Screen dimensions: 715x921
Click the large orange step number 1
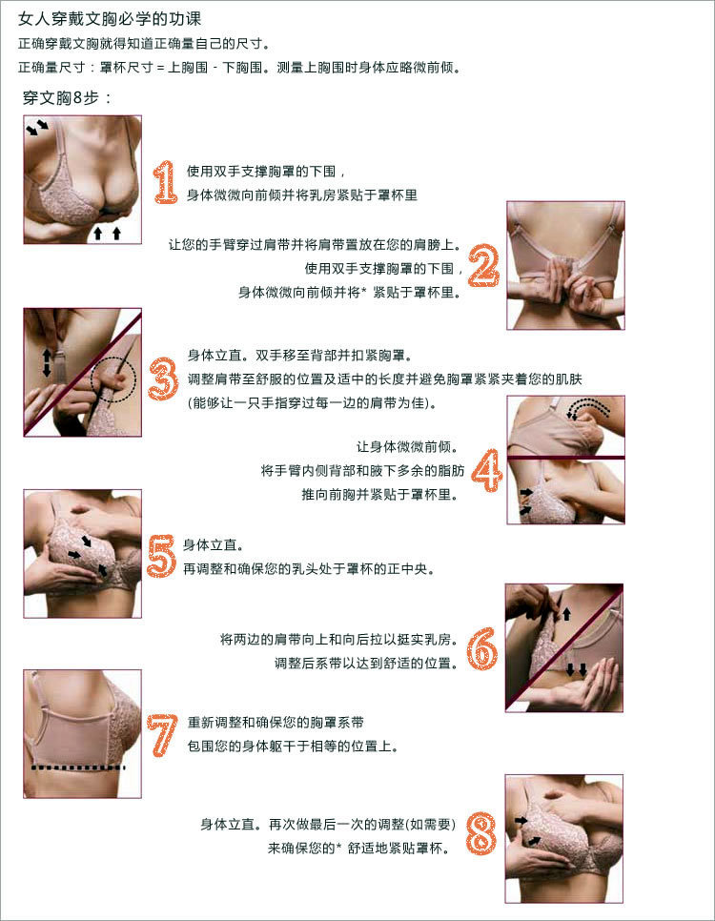tap(166, 182)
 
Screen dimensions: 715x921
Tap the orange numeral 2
tap(484, 265)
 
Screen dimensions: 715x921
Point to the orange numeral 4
tap(487, 470)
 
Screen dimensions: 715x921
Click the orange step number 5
tap(161, 556)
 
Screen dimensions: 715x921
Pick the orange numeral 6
tap(482, 648)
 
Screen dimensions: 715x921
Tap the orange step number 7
tap(162, 734)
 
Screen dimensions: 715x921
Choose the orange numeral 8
tap(481, 833)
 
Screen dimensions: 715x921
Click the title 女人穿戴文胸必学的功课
tap(110, 19)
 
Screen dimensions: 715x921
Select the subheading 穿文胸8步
tap(67, 97)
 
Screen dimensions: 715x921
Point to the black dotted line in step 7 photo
tap(78, 767)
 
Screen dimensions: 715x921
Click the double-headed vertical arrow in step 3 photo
tap(47, 362)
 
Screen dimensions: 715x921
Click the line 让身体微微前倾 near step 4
tap(407, 447)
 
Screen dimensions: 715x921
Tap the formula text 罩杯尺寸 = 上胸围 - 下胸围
tap(181, 68)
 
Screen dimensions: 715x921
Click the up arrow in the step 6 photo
tap(566, 614)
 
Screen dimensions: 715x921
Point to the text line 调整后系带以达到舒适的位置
tap(365, 664)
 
